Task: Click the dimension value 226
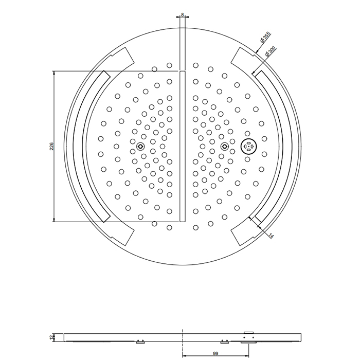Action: click(51, 147)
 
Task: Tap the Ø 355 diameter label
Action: click(265, 38)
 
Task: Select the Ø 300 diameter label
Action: click(270, 51)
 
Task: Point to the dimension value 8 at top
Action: click(182, 15)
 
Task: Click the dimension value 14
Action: click(272, 236)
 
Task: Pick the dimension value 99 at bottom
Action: click(215, 353)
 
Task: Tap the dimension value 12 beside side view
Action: click(51, 337)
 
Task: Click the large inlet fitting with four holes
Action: click(248, 146)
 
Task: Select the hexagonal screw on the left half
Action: click(140, 146)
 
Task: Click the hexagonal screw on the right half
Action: click(225, 146)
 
